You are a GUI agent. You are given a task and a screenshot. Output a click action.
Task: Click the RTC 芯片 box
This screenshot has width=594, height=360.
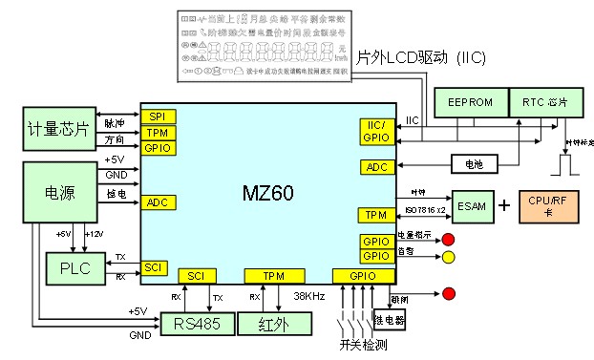(x=543, y=102)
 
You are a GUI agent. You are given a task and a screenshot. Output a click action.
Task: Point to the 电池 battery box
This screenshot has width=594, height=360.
(x=474, y=164)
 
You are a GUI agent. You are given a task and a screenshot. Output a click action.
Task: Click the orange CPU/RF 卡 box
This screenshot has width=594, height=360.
(x=551, y=206)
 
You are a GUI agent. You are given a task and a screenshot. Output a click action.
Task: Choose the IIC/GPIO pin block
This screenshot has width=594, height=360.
(x=372, y=131)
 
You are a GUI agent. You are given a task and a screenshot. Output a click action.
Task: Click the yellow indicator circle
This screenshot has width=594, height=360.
(x=447, y=256)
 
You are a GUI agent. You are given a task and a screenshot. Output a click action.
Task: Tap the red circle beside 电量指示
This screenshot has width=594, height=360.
(x=447, y=238)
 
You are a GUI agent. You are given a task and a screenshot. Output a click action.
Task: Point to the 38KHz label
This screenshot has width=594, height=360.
(x=310, y=296)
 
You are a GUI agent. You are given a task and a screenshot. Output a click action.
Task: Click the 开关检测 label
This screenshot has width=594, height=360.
(x=363, y=344)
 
